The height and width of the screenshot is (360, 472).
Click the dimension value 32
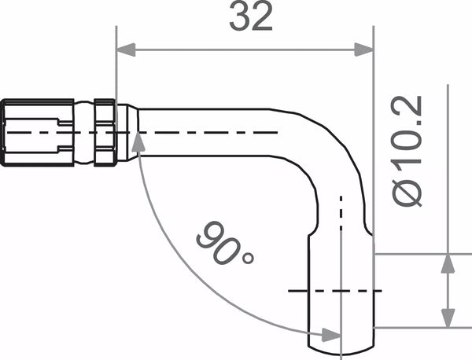251,17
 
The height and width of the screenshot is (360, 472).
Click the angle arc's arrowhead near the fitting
138,141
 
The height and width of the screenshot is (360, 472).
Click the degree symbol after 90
248,257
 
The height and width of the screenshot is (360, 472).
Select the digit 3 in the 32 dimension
240,17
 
